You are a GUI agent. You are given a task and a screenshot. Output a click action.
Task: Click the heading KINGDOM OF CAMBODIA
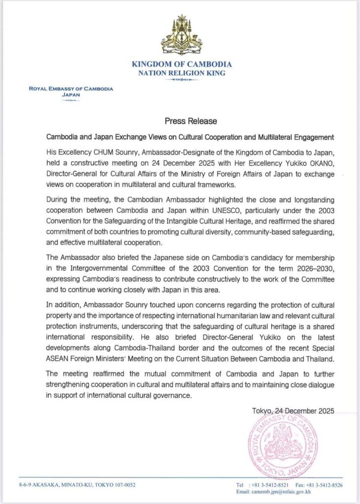point(182,64)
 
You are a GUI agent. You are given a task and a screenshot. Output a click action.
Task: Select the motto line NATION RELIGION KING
point(182,73)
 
